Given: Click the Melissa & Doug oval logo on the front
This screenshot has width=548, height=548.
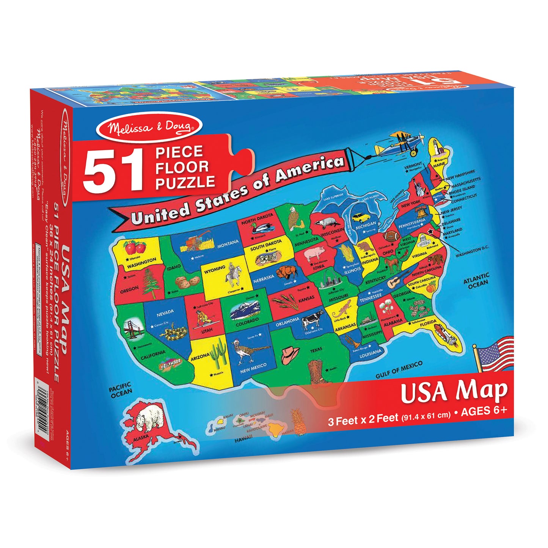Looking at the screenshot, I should (149, 126).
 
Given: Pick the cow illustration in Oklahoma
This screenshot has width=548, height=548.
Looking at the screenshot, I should (312, 320).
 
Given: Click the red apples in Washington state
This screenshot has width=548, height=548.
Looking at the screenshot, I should (135, 248).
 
